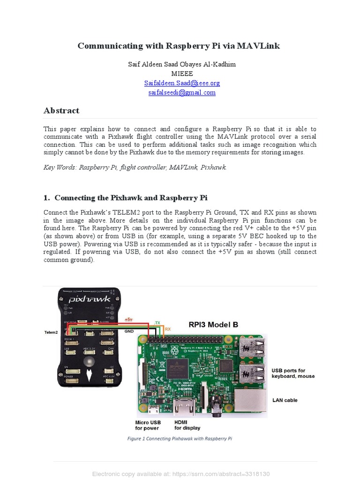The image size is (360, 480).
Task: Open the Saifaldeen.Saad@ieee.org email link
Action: point(182,83)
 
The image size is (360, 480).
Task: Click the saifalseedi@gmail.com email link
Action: point(182,92)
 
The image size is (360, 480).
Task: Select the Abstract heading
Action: point(61,111)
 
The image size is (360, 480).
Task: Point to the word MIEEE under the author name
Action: point(182,74)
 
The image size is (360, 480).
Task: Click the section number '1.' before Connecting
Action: point(47,197)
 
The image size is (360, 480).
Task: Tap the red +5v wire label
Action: point(128,319)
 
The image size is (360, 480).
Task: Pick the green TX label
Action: point(157,323)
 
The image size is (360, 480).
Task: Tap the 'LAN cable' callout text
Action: point(285,400)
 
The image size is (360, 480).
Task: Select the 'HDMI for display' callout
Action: point(187,425)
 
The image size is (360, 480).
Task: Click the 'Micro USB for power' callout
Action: point(148,425)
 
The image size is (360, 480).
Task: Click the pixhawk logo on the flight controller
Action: point(90,299)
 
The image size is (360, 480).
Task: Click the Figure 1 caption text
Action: point(180,439)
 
